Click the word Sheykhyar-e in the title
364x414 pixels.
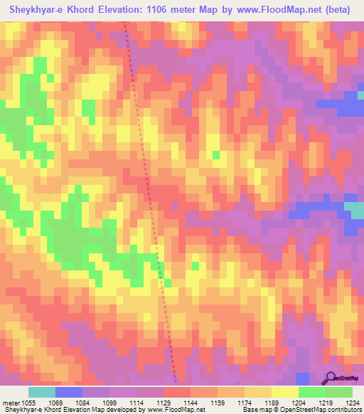36,10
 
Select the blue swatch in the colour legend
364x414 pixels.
68,392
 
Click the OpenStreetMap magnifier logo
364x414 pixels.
331,377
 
